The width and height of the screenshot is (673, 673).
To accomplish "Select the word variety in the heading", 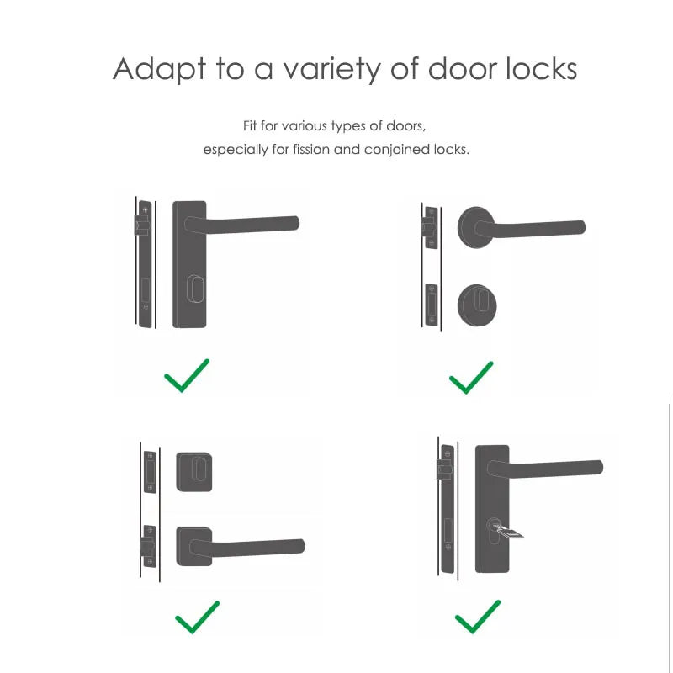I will coord(336,69).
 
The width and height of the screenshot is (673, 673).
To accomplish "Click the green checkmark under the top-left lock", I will coord(187,375).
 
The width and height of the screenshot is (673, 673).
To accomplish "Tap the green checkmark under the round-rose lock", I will coord(471,377).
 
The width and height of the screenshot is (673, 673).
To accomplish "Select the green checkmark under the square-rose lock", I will coord(197,617).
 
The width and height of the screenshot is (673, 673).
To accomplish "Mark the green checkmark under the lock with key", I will coord(478,617).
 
